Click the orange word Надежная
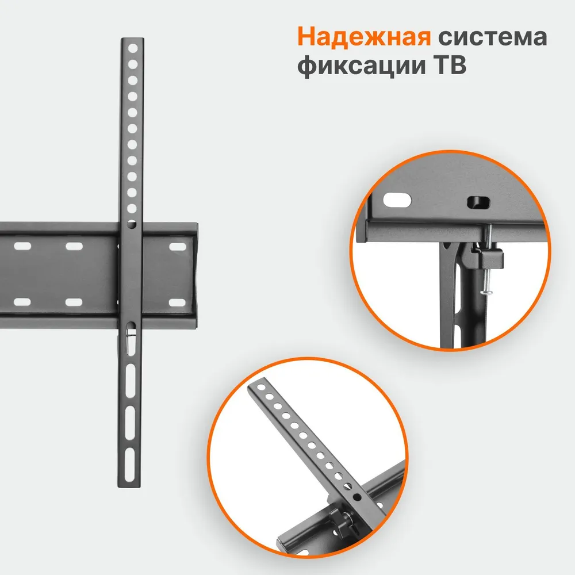click(x=364, y=39)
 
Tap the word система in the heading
click(x=492, y=39)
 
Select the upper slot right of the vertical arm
click(x=178, y=246)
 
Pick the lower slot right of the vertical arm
click(x=178, y=301)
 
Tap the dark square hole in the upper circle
click(x=477, y=202)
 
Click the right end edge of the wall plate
click(x=197, y=270)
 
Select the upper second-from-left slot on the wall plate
click(x=74, y=246)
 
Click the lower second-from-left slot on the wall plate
click(x=74, y=301)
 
